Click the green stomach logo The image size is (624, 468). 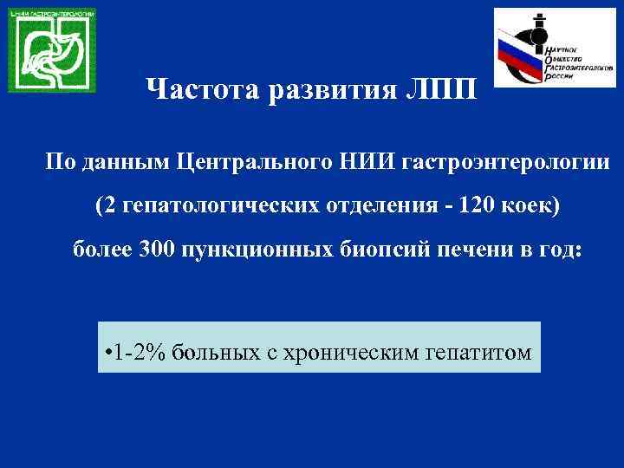coord(52,50)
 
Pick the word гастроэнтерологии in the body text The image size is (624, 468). coord(492,162)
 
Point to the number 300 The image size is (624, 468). coord(157,251)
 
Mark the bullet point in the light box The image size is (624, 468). coord(107,351)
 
